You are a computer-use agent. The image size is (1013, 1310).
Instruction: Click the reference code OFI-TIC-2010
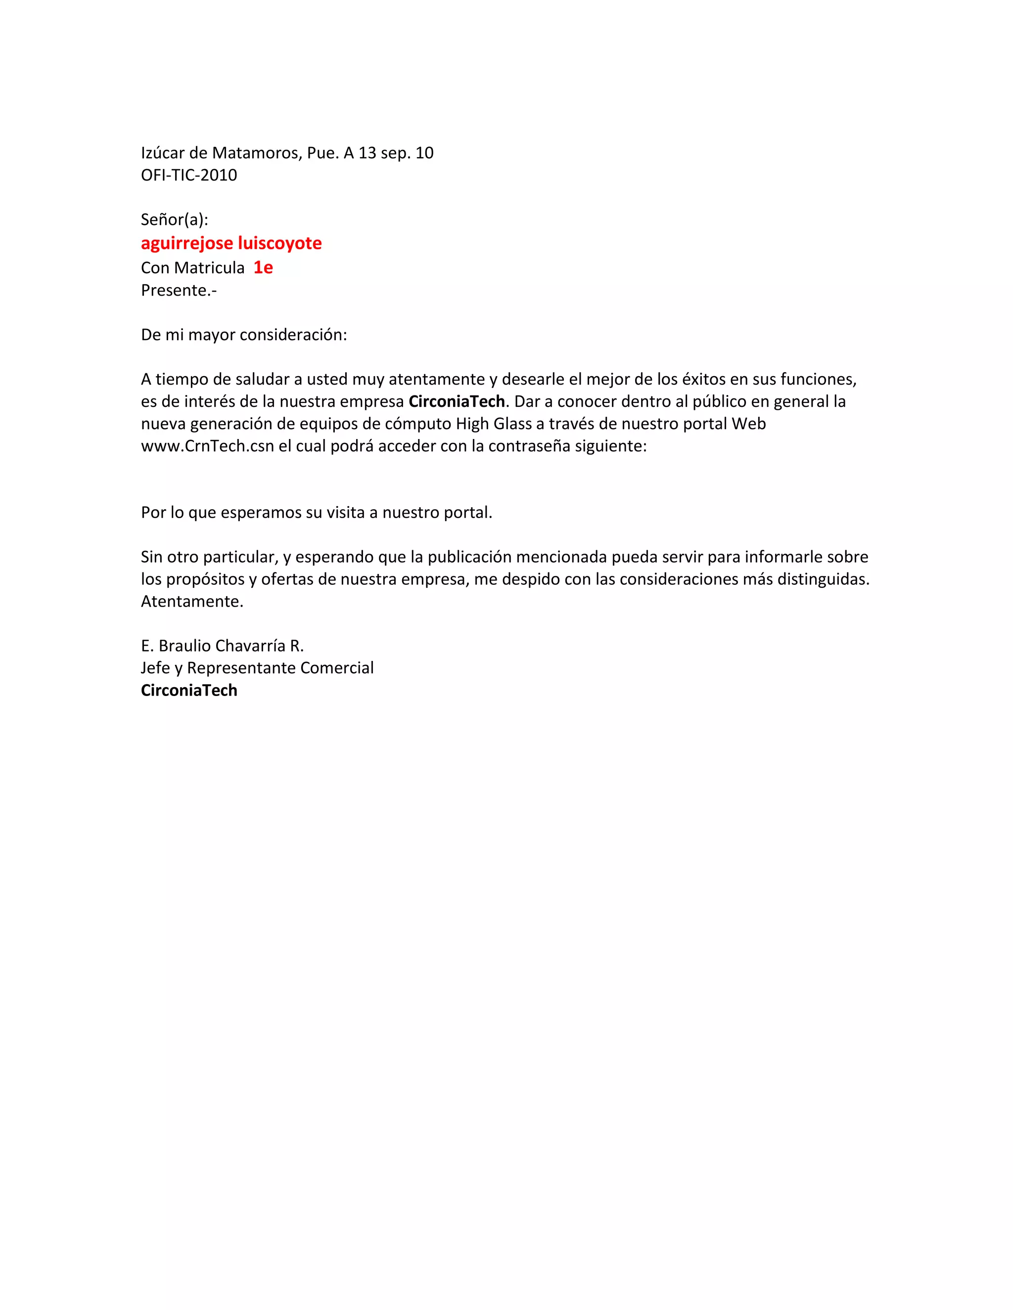coord(189,175)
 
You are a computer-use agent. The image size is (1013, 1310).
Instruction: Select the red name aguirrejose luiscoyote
coord(231,243)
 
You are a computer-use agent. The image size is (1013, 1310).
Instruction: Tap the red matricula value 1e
coord(263,267)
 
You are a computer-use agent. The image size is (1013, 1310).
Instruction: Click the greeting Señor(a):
coord(175,219)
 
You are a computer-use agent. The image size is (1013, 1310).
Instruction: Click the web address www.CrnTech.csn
coord(207,446)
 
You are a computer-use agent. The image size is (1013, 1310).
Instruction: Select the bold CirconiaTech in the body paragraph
coord(457,401)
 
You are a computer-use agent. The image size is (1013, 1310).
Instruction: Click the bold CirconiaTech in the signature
coord(189,691)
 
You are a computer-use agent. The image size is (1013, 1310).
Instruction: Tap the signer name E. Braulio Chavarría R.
coord(223,646)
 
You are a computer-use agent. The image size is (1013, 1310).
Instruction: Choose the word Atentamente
coord(192,602)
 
